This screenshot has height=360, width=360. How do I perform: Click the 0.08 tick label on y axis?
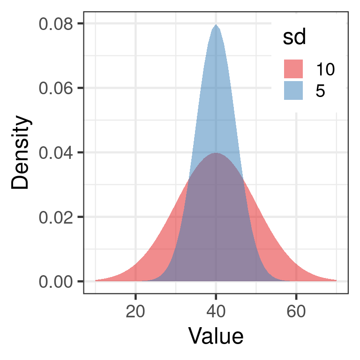[55, 24]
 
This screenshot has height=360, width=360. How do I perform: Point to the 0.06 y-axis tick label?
[55, 88]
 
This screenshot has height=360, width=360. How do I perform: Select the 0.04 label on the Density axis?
[55, 153]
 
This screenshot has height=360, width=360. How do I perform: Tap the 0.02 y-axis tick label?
[55, 217]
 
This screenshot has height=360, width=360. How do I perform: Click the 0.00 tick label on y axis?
[55, 282]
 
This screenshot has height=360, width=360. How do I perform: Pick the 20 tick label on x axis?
[135, 311]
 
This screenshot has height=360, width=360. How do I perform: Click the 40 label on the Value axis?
[216, 311]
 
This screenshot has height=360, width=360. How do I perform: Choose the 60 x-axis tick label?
[296, 311]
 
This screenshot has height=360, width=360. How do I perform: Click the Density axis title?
[21, 153]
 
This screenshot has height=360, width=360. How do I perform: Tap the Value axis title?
[216, 336]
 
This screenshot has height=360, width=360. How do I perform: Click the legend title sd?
[294, 38]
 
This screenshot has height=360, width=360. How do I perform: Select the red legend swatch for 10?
[293, 69]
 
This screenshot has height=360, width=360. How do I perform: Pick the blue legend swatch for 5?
[293, 90]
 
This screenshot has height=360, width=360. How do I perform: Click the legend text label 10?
[325, 69]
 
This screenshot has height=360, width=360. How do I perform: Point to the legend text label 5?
[320, 90]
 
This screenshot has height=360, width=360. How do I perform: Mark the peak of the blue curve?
[216, 25]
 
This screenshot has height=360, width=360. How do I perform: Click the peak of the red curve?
[216, 153]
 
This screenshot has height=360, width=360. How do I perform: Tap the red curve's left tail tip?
[96, 280]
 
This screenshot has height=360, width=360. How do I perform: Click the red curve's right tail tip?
[336, 280]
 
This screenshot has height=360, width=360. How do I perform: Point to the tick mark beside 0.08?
[81, 23]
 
